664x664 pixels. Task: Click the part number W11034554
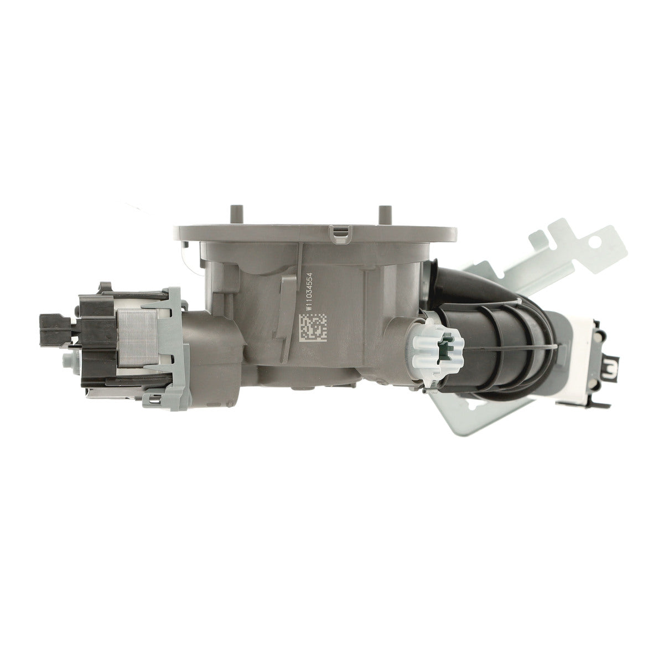point(309,292)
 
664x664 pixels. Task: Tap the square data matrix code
point(313,327)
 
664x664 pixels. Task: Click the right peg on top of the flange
point(383,215)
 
